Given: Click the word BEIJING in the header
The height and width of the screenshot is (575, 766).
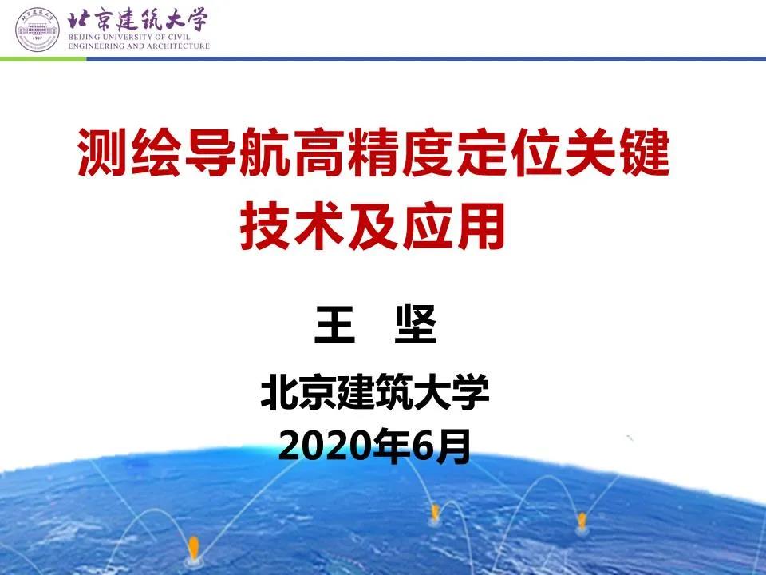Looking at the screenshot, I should pyautogui.click(x=86, y=38).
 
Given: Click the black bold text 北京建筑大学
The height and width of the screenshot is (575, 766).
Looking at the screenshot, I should pyautogui.click(x=374, y=395).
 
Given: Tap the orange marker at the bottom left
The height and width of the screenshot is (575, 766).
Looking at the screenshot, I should pyautogui.click(x=192, y=549).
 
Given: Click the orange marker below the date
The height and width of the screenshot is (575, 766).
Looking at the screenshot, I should pyautogui.click(x=435, y=512).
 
